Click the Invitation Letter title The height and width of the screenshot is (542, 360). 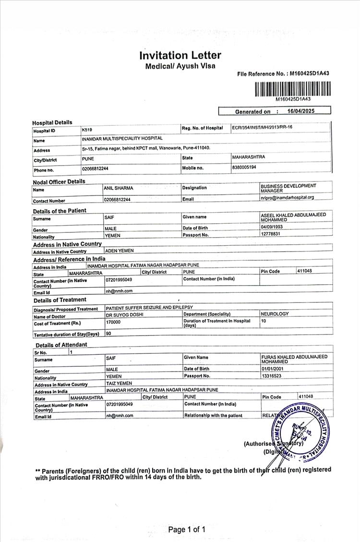click(x=180, y=55)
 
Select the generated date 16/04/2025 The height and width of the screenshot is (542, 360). click(x=300, y=111)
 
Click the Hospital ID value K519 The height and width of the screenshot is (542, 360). click(x=87, y=130)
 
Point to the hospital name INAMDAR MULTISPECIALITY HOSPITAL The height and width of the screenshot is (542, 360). click(x=122, y=139)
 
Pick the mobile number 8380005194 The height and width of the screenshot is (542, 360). click(x=244, y=167)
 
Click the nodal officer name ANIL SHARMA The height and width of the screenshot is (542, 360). click(x=119, y=188)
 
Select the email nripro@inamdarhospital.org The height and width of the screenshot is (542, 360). click(x=287, y=197)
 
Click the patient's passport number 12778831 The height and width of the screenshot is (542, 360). click(x=271, y=234)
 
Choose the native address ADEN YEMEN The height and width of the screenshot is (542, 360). click(x=120, y=251)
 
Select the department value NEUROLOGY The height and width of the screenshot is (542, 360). click(x=275, y=314)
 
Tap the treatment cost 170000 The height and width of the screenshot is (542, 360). click(x=113, y=322)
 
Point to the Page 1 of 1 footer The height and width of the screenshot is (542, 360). click(x=187, y=530)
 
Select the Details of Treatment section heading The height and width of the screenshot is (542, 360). click(x=60, y=300)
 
